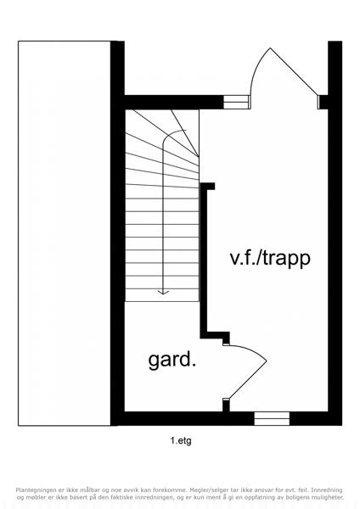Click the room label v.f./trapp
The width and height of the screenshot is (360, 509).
pyautogui.click(x=270, y=260)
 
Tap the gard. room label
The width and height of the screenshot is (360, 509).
pyautogui.click(x=172, y=361)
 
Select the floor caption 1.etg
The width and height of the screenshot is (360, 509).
pyautogui.click(x=181, y=441)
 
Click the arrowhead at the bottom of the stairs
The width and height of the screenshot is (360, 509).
pyautogui.click(x=163, y=292)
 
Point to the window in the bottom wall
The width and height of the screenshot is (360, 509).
pyautogui.click(x=272, y=419)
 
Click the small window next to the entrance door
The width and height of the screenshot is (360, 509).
pyautogui.click(x=237, y=102)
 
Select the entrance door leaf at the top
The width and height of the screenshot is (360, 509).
pyautogui.click(x=294, y=72)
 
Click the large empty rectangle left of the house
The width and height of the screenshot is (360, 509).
pyautogui.click(x=65, y=233)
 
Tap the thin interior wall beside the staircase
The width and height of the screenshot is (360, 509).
pyautogui.click(x=204, y=260)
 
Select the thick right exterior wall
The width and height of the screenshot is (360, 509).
pyautogui.click(x=335, y=233)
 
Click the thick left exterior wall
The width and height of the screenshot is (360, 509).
pyautogui.click(x=117, y=233)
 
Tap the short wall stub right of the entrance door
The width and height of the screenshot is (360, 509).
pyautogui.click(x=323, y=102)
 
